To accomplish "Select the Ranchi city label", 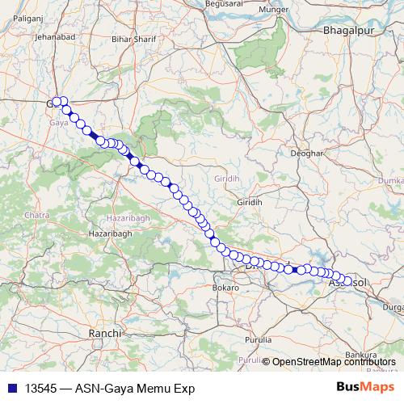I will [x=105, y=332].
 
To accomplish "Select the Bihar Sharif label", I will [x=132, y=38].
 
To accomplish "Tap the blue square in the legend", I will [x=11, y=388].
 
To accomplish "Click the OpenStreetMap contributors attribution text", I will [x=333, y=361].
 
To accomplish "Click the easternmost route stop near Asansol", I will [x=347, y=281].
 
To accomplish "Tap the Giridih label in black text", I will [x=246, y=201].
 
